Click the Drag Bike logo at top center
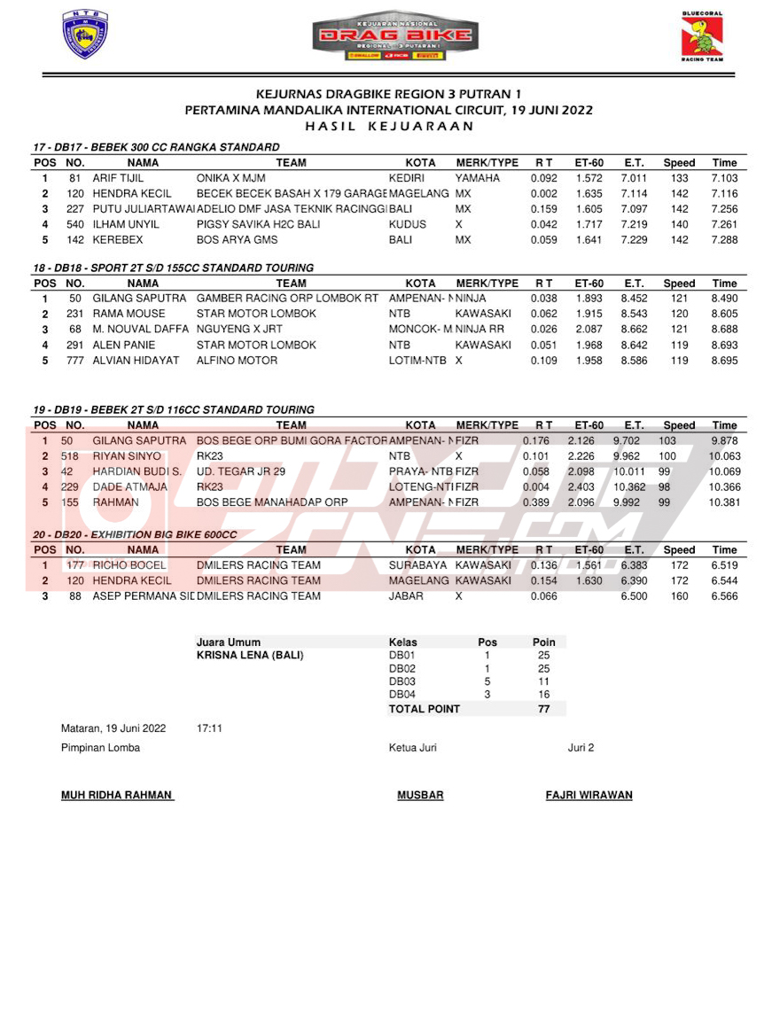(395, 36)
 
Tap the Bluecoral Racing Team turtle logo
(702, 37)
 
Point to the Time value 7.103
(724, 178)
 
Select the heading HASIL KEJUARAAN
(388, 126)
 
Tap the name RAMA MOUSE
(129, 314)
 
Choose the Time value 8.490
(724, 299)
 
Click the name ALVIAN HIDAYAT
(136, 361)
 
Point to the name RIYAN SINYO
(127, 456)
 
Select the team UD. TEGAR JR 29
(241, 471)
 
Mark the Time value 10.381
(724, 502)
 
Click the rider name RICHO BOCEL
(129, 565)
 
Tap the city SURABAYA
(418, 565)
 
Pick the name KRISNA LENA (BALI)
(250, 656)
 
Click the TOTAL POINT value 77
(544, 709)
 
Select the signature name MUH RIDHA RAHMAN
(116, 795)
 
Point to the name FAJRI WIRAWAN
(589, 795)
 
